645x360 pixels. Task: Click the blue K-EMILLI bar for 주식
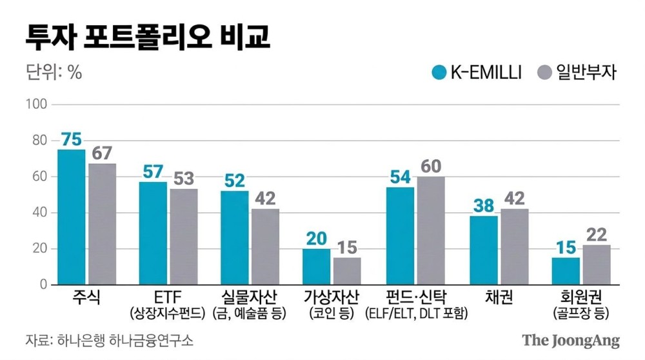[x=71, y=217]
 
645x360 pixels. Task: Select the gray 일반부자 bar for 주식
[x=102, y=224]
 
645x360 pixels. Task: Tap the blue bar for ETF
[x=153, y=233]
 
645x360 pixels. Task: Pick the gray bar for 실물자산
[x=265, y=246]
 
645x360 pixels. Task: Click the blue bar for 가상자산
[x=317, y=266]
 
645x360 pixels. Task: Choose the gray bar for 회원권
[x=596, y=265]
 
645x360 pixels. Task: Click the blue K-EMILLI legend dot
[x=439, y=72]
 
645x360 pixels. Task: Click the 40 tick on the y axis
[x=39, y=213]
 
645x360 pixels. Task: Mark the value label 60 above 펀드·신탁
[x=430, y=166]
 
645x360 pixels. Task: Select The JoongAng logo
[x=570, y=340]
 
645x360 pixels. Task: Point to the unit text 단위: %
[x=54, y=73]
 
